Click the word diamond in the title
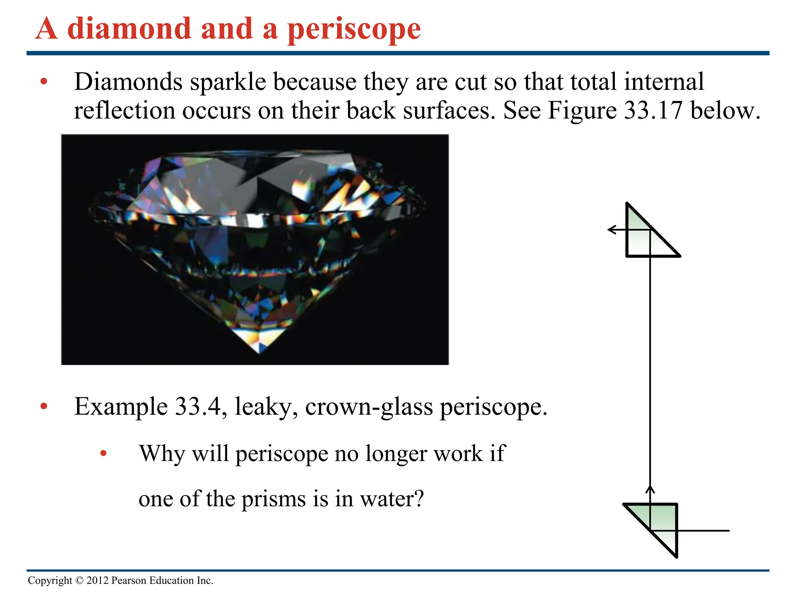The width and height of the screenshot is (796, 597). (129, 29)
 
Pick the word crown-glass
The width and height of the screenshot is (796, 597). (369, 407)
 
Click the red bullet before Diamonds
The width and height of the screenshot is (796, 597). (44, 82)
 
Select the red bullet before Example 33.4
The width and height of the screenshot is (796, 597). (44, 407)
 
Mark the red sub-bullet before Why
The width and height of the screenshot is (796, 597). (103, 453)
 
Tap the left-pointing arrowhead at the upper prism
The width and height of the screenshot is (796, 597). (611, 230)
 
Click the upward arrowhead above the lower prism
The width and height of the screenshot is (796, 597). (650, 488)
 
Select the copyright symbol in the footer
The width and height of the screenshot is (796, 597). (79, 581)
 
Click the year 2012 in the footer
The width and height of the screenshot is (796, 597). (97, 581)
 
